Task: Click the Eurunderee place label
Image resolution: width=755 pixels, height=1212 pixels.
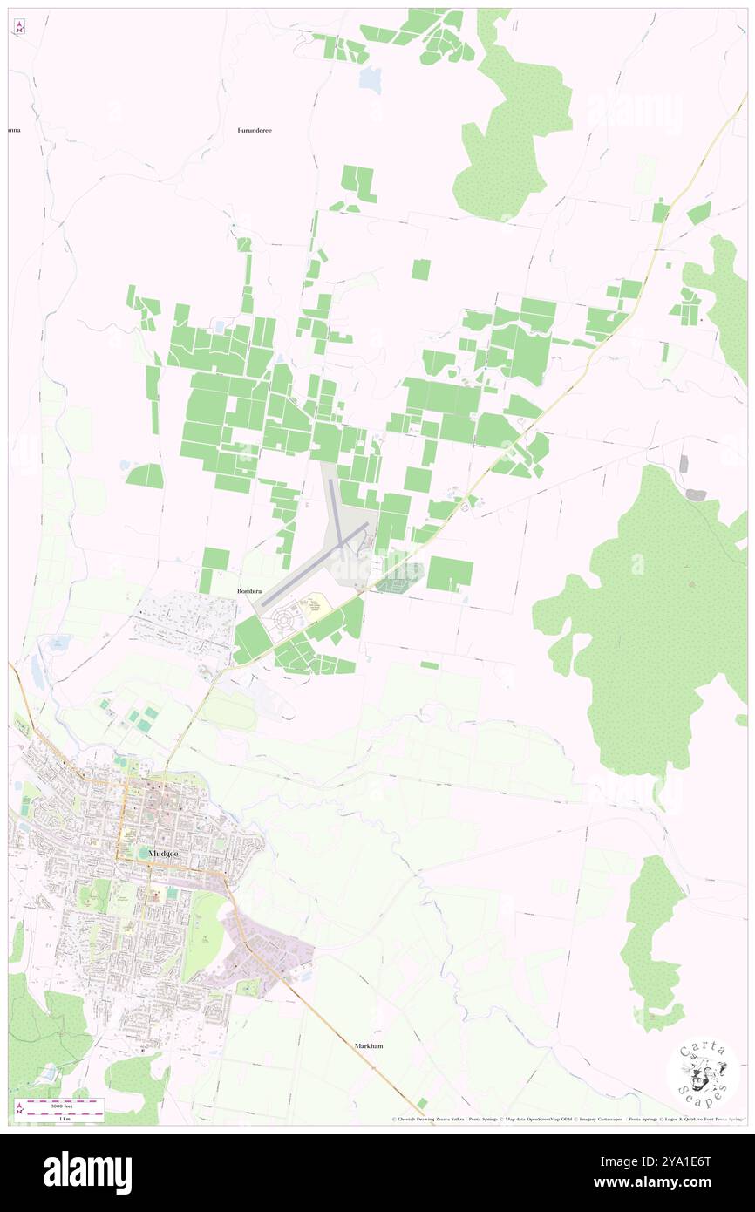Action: coord(255,130)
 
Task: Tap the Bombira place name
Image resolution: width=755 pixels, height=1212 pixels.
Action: coord(249,590)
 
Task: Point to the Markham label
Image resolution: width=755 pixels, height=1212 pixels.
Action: coord(369,1045)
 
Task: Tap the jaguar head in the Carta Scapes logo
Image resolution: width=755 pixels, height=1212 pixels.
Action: coord(703,1073)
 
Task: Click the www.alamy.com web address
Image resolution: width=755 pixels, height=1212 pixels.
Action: coord(676,1183)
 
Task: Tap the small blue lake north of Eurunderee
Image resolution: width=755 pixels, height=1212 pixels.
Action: coord(371,80)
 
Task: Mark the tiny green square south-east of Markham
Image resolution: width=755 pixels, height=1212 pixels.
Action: coord(422,1103)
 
